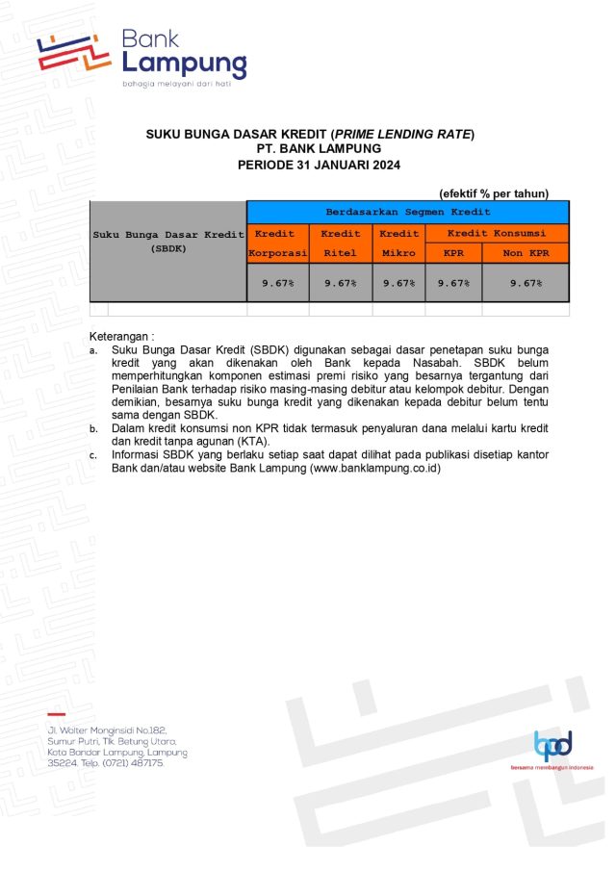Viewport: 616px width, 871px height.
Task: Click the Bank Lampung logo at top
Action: [x=142, y=56]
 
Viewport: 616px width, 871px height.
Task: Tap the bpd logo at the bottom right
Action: [x=552, y=745]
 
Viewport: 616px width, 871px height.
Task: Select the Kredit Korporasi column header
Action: [x=277, y=243]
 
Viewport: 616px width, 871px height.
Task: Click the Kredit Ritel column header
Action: [x=340, y=243]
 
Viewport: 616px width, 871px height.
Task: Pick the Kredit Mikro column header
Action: [x=398, y=243]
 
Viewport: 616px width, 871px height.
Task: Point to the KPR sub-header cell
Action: [x=452, y=254]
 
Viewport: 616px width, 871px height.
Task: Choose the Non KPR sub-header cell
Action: [x=526, y=254]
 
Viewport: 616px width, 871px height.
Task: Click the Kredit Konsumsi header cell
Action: [x=497, y=233]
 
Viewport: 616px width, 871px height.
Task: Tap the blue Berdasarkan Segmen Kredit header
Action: [x=407, y=212]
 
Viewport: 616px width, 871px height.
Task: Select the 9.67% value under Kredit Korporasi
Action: [x=277, y=283]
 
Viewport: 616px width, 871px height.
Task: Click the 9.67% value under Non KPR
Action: [x=526, y=283]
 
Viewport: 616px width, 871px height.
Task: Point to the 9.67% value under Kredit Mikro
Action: [x=398, y=283]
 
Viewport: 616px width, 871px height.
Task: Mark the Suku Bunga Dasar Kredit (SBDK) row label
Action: [x=167, y=241]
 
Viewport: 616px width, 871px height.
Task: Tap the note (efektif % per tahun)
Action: [x=493, y=193]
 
